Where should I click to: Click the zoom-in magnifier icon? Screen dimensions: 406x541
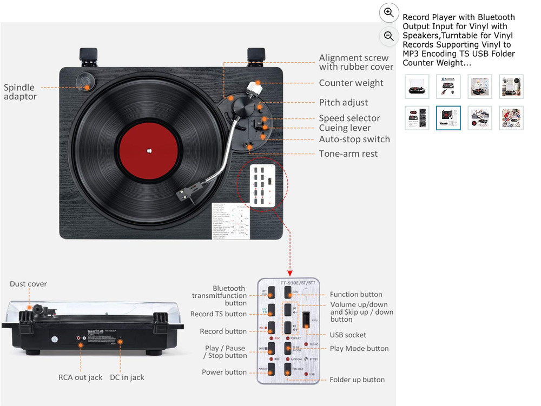point(388,12)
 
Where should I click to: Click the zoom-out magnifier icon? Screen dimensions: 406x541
point(388,36)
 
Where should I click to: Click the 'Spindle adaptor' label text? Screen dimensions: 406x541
point(21,92)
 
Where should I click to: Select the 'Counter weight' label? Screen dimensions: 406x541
point(351,83)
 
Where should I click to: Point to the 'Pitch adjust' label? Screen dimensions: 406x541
point(343,103)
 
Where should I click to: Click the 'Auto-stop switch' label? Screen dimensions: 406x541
point(354,139)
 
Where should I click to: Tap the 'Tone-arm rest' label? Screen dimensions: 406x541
point(348,154)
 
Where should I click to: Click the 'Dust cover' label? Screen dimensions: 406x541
point(28,284)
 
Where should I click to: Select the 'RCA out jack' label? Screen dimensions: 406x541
point(80,377)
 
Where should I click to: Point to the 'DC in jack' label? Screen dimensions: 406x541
point(127,377)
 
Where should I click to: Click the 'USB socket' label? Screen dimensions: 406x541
point(348,335)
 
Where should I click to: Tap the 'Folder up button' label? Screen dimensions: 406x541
point(357,380)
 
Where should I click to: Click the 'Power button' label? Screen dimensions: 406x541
point(224,372)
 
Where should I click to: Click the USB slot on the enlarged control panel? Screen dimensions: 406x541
point(306,321)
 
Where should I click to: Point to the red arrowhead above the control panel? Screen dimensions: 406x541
point(290,273)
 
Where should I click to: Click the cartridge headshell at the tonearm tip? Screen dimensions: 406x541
point(186,191)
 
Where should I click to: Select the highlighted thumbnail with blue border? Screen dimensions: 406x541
point(448,118)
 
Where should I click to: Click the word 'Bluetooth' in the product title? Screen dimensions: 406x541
point(495,17)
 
